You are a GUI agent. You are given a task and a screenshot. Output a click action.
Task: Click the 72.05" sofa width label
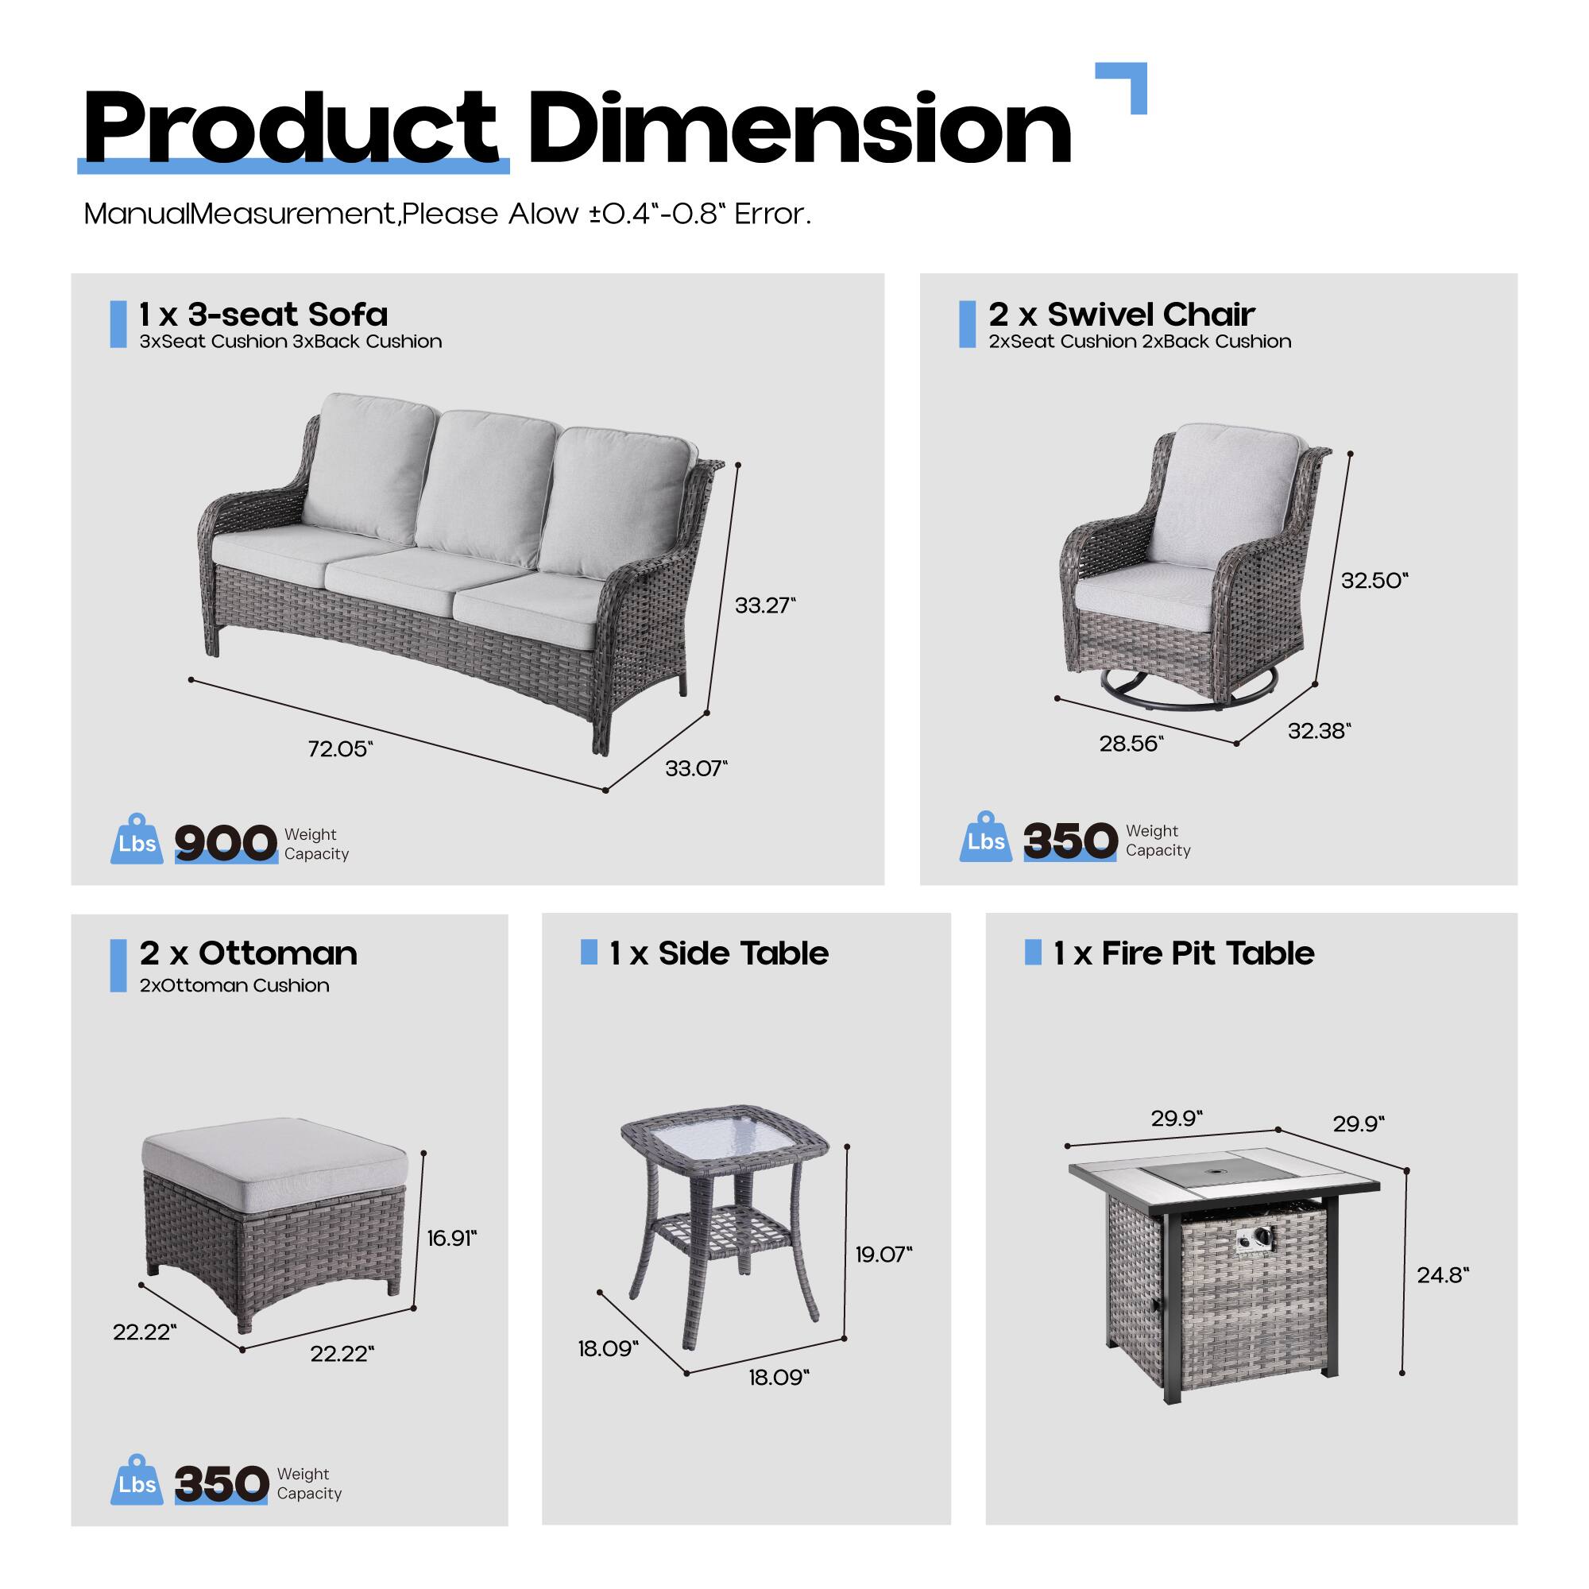coord(340,749)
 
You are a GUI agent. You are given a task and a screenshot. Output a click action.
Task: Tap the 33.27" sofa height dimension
coord(765,605)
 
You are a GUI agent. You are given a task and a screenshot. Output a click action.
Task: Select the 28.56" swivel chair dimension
coord(1131,744)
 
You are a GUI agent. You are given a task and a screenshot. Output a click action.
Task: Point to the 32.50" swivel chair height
coord(1374,581)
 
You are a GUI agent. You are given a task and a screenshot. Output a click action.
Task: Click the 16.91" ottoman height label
coord(451,1238)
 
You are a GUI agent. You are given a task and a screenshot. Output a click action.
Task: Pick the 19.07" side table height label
coord(883,1255)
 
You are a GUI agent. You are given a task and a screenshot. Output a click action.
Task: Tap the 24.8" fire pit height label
coord(1443,1275)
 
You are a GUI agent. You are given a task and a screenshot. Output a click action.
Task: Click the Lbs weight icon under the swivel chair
coord(985,840)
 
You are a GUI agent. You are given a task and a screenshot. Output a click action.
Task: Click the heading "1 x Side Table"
coord(718,953)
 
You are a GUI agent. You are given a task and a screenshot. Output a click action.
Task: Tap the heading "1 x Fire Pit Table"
coord(1184,953)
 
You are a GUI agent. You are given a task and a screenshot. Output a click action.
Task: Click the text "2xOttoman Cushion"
coord(234,985)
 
